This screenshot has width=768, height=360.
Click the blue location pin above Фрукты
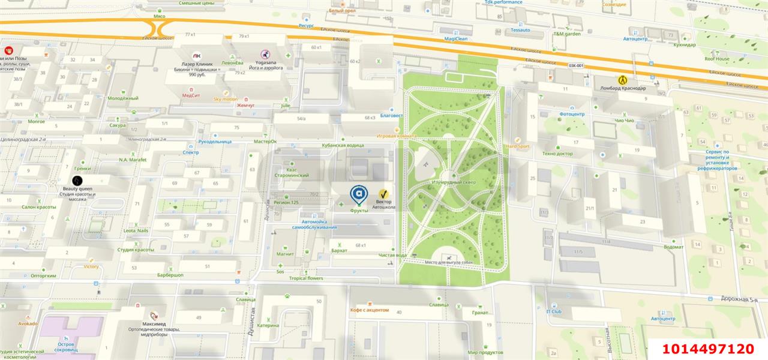[x=359, y=194]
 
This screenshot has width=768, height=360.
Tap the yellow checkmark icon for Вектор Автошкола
[x=383, y=194]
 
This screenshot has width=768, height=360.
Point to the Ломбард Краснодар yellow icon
[x=623, y=80]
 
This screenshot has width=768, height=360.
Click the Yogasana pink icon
[x=264, y=54]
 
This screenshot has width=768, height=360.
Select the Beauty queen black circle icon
[x=77, y=180]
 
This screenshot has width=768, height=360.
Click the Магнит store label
[x=285, y=254]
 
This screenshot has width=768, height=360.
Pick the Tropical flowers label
[x=306, y=278]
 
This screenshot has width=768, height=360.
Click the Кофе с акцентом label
[x=370, y=310]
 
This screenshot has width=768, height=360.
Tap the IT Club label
[x=553, y=311]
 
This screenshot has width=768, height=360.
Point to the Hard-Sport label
[x=517, y=146]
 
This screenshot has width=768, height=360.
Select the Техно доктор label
[x=557, y=154]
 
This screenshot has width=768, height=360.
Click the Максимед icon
[x=154, y=316]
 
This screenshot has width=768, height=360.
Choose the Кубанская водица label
[x=343, y=145]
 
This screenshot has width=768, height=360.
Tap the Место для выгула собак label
[x=448, y=262]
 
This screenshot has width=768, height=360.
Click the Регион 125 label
[x=286, y=203]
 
